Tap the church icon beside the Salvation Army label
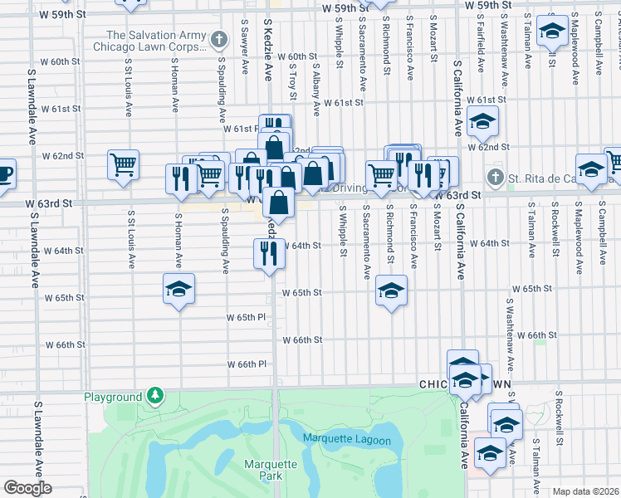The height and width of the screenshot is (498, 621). [x=218, y=39]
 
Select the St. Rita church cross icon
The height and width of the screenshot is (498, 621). [x=496, y=177]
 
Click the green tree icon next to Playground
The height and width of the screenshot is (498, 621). [x=154, y=394]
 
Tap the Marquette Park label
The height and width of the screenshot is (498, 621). [x=265, y=470]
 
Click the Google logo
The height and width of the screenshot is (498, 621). [x=27, y=488]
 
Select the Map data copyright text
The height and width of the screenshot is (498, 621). [x=584, y=491]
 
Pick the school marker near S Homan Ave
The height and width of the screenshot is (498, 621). [x=178, y=289]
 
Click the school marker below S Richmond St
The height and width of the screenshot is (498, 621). [x=391, y=290]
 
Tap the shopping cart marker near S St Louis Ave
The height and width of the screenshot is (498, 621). [x=123, y=164]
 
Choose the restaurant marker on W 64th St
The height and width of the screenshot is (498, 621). [x=269, y=252]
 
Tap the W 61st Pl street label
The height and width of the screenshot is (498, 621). [x=241, y=129]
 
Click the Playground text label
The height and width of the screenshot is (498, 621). [x=113, y=397]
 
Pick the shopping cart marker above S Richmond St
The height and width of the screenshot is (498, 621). [x=381, y=175]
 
